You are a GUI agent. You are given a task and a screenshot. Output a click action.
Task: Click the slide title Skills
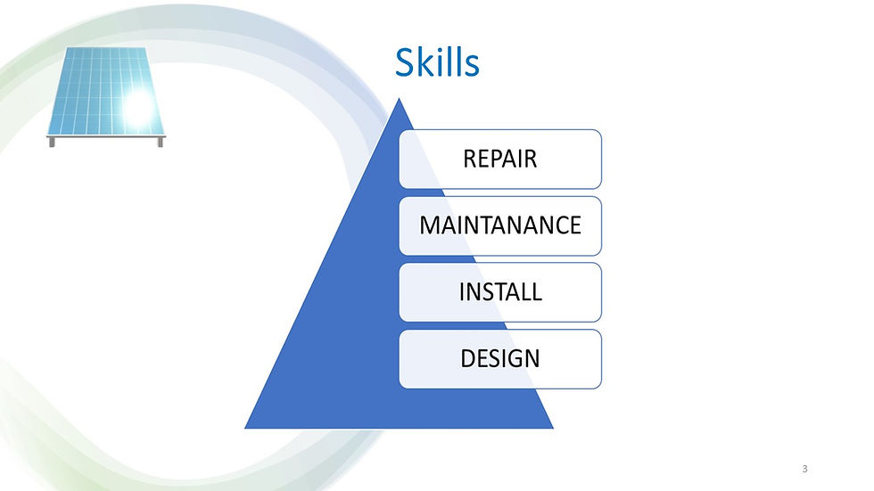[x=437, y=63]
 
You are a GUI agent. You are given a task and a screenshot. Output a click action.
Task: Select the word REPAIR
[x=499, y=159]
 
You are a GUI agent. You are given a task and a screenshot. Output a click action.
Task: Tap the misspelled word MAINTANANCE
[x=500, y=225]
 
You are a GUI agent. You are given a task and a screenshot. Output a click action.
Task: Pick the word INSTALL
[x=500, y=291]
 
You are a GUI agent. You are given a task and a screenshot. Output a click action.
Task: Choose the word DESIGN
[x=499, y=358]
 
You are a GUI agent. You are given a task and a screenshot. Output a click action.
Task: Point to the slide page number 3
[x=804, y=469]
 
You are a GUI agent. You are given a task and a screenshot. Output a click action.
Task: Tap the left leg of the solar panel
[x=52, y=141]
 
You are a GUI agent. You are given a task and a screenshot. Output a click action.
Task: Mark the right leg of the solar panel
[x=161, y=141]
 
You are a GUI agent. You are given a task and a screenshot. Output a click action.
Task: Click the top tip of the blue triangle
[x=400, y=100]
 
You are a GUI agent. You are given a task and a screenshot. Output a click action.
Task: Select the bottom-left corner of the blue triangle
[x=247, y=426]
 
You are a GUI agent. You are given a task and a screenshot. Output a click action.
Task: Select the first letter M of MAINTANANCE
[x=429, y=225]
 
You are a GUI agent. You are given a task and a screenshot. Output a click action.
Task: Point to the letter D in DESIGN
[x=468, y=358]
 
